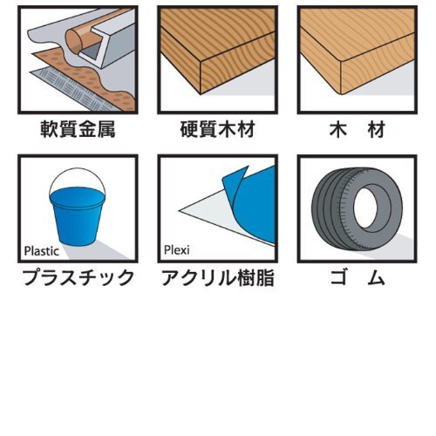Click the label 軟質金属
(78, 129)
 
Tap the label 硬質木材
(218, 129)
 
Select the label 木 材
(358, 129)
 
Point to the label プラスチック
(78, 277)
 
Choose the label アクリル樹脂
(218, 277)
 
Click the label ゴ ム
(358, 277)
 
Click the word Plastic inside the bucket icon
(42, 251)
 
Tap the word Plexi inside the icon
(177, 250)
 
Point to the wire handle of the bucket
(78, 168)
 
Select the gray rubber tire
(357, 208)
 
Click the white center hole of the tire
(367, 208)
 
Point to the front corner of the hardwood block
(201, 93)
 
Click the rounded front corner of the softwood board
(341, 92)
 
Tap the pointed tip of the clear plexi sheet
(179, 210)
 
